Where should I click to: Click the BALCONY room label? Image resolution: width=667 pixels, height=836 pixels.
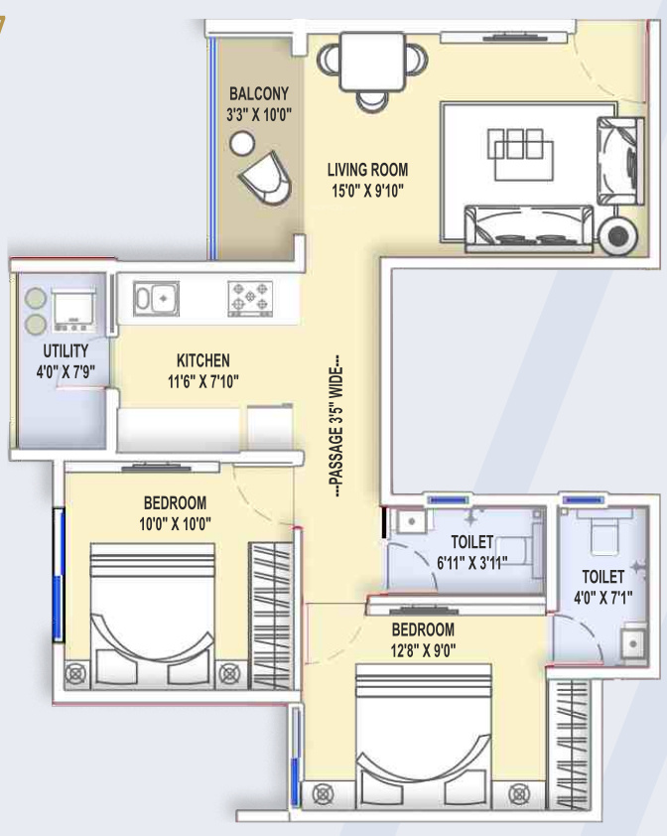pos(259,94)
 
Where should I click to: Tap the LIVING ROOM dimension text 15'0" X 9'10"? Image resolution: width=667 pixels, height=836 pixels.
pos(367,191)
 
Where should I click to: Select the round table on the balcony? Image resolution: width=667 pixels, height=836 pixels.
pos(242,143)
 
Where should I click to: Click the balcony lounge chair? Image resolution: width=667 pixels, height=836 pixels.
pos(266,178)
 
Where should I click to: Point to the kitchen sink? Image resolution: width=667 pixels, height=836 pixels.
pos(156,299)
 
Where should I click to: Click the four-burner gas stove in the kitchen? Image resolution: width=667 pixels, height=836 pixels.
pos(250,299)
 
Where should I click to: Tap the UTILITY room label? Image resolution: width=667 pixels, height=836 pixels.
pos(66,350)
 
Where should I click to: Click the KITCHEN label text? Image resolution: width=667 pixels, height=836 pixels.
pos(203,360)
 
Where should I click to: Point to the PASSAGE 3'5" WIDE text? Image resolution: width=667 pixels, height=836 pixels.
pos(336,427)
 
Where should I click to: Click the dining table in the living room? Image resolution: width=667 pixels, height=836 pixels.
pos(372,62)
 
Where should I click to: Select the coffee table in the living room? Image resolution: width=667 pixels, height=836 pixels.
pos(520,154)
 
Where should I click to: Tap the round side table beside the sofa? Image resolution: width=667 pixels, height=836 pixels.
pos(617,235)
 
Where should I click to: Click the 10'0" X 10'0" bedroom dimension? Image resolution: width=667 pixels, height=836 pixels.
pos(175,524)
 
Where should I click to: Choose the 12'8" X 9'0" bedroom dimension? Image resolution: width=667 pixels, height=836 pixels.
pos(423,650)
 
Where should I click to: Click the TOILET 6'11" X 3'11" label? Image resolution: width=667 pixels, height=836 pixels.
pos(471,552)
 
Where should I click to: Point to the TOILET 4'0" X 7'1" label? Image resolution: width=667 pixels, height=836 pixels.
pos(603,587)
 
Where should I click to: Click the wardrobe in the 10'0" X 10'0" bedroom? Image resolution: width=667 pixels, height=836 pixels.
pos(271,616)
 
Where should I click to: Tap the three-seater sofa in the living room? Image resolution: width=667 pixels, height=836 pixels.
pos(529,228)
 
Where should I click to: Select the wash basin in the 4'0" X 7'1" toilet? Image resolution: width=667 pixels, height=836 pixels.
pos(633,643)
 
